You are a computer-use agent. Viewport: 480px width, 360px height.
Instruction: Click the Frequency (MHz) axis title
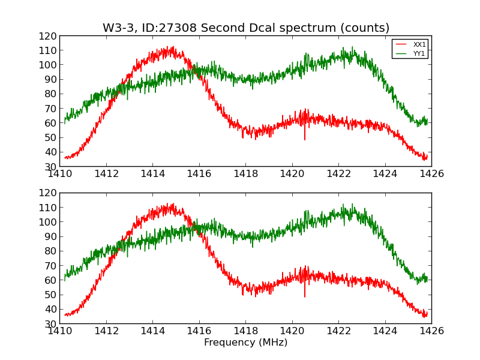[x=245, y=343]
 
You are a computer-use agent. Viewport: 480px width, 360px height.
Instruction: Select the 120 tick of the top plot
[x=49, y=36]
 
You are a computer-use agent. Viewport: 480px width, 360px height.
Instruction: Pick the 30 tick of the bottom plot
[x=51, y=324]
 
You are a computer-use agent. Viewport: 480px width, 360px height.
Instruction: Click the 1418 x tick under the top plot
[x=245, y=174]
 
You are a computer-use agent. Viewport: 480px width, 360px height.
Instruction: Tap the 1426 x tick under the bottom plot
[x=431, y=331]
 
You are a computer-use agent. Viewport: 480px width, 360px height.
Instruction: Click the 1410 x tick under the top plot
[x=60, y=174]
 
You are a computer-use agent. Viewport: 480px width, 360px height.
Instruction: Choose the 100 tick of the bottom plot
[x=49, y=222]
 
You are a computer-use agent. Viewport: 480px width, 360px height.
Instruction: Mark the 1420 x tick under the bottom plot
[x=292, y=331]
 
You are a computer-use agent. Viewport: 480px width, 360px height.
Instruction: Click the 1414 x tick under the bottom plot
[x=152, y=331]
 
